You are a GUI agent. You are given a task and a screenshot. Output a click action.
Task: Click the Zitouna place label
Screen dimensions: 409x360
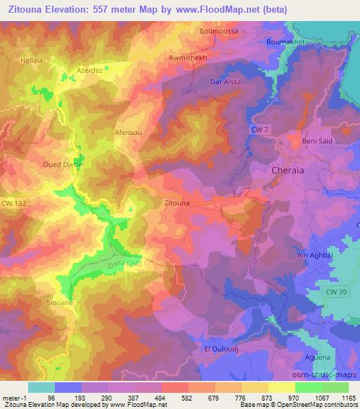coord(176,203)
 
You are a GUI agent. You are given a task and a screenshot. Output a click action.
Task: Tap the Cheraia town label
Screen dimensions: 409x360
coord(288,171)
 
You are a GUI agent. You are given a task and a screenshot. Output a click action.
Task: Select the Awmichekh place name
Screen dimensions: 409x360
coord(189,58)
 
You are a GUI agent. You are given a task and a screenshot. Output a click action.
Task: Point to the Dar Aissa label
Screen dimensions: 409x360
coord(226,82)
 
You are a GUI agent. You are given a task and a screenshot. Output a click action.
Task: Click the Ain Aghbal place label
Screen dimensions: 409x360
coord(315,256)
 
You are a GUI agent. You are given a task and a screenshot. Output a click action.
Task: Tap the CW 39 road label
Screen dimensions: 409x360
coord(337,290)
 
